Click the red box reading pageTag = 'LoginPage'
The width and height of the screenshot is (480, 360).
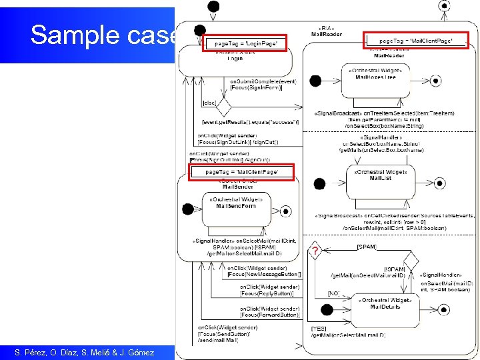245,43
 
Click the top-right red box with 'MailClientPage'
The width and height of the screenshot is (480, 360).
415,41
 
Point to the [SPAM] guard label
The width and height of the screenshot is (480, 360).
366,247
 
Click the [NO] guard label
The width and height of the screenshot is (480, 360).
333,293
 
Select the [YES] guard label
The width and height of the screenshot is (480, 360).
319,328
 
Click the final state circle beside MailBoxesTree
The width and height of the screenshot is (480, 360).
435,81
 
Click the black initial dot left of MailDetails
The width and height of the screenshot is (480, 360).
327,309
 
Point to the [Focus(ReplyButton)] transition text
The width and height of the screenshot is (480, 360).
267,293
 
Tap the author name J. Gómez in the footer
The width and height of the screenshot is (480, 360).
135,352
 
